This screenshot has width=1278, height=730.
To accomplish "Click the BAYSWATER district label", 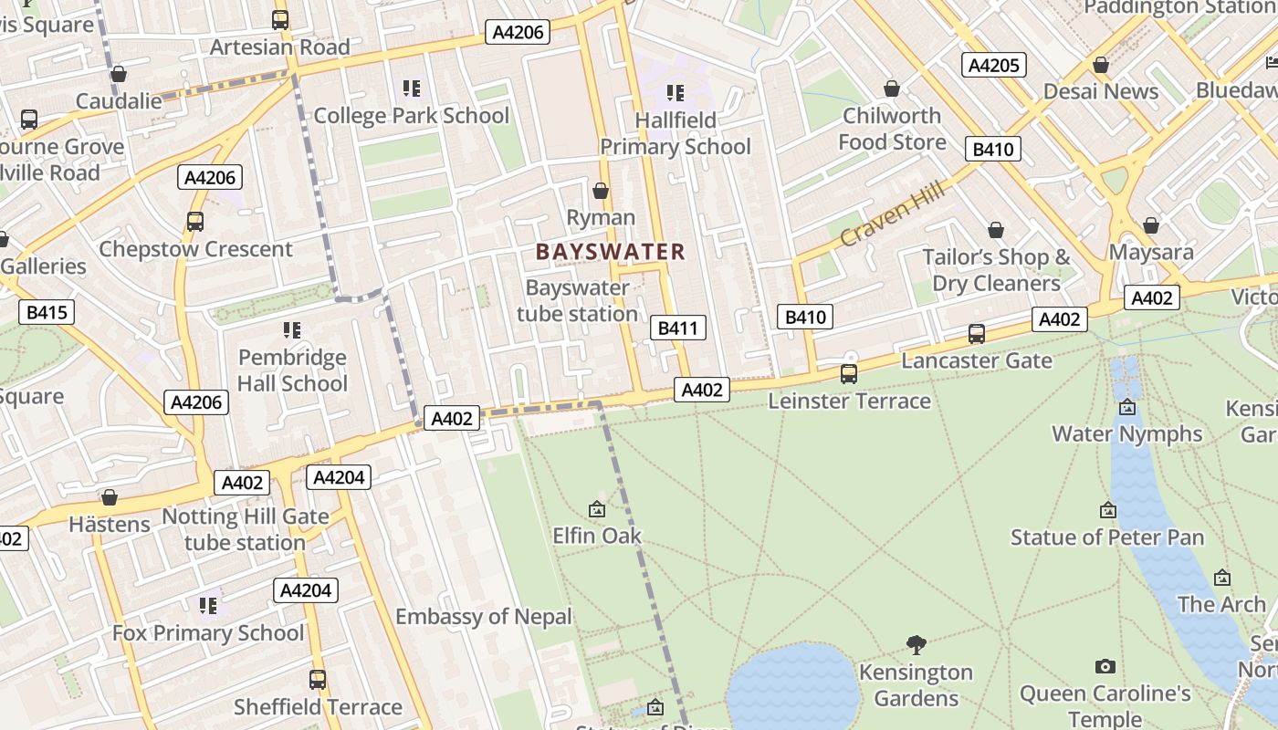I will coord(610,252).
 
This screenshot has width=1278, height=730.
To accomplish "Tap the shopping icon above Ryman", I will coord(601,191).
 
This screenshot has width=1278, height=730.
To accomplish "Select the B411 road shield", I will coord(678,328).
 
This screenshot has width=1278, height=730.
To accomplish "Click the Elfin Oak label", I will coord(597,536).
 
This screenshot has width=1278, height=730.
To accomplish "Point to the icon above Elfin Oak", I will coord(597,509).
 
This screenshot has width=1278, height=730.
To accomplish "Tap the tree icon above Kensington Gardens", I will coord(917,645).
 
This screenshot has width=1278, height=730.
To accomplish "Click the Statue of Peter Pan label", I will coord(1107,537).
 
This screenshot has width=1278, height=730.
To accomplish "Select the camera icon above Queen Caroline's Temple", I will coord(1105,667).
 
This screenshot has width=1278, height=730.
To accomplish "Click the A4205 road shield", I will coord(994,65).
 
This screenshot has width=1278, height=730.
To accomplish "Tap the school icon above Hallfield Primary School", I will coord(676,92).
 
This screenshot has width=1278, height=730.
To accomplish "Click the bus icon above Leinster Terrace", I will coord(849,373).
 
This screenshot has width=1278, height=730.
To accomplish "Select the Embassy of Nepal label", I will coord(483,617).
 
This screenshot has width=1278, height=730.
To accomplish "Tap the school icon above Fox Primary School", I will coord(208,605).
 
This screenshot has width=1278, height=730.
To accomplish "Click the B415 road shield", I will coord(47,313).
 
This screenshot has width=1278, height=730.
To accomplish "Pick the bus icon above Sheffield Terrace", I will coord(318,680).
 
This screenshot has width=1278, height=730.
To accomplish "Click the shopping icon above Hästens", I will coord(110,497).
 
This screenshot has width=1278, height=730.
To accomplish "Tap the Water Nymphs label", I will coord(1126,433).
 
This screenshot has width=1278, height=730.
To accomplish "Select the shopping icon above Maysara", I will coord(1151,224).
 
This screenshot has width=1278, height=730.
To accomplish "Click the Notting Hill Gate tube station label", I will coord(245,529).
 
